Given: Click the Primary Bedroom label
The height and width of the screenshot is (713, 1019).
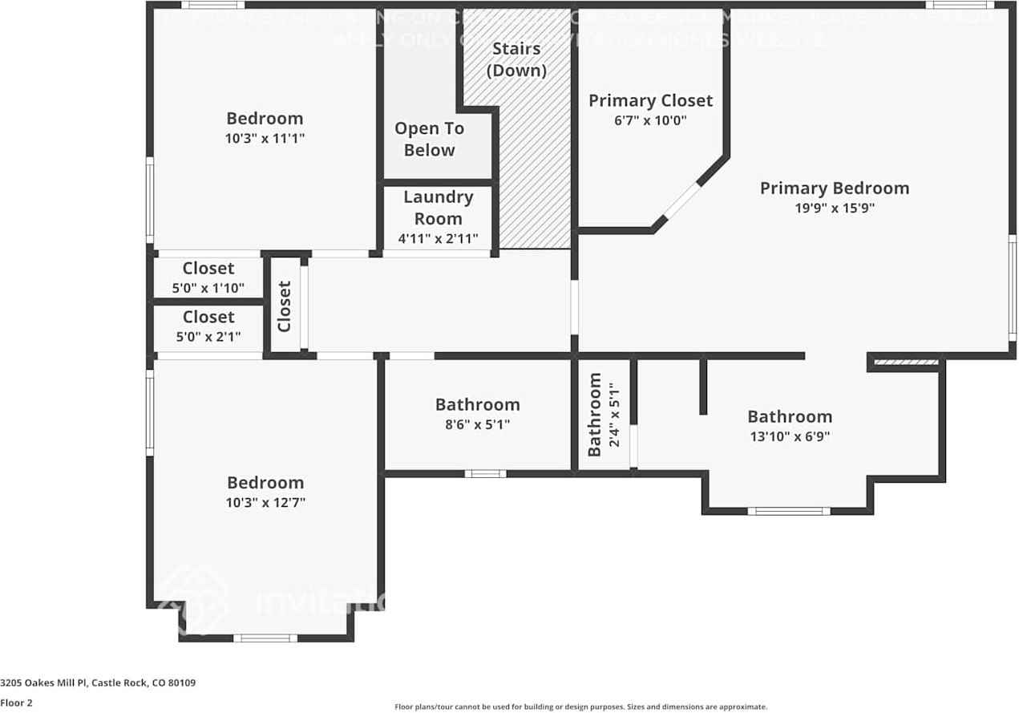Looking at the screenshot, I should coord(834,188).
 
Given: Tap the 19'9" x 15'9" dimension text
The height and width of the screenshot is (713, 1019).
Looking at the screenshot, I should coord(834,209).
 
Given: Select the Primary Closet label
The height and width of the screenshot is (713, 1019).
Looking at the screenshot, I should coord(650,101).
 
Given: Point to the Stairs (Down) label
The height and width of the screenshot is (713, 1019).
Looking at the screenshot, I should coord(517,59).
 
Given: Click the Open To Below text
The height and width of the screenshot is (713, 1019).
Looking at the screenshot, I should coord(429,140).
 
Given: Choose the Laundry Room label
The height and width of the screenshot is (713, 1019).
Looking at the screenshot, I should coord(438,208).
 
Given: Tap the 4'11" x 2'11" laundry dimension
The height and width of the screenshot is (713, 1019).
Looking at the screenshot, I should coord(438,238).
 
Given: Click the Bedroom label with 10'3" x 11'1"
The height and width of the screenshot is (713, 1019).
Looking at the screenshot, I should coord(265,119).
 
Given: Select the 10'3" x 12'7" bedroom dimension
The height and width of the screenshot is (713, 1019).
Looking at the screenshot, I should coord(265,503).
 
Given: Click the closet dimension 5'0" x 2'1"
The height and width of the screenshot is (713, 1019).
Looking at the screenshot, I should coord(208,337).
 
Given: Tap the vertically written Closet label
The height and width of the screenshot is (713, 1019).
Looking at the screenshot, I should coord(284,306).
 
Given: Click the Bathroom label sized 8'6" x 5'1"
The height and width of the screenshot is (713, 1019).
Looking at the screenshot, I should coord(477,405).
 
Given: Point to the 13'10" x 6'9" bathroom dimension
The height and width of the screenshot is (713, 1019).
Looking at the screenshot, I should coord(790,437).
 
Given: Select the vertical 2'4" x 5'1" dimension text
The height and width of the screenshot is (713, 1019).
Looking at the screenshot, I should coord(613,414).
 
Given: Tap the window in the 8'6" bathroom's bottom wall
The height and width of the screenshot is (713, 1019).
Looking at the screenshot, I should coord(485,473).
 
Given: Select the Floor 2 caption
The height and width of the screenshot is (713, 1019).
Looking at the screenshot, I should coord(16,703).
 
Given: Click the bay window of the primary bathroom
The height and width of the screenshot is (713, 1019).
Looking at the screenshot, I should coord(789,510).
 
